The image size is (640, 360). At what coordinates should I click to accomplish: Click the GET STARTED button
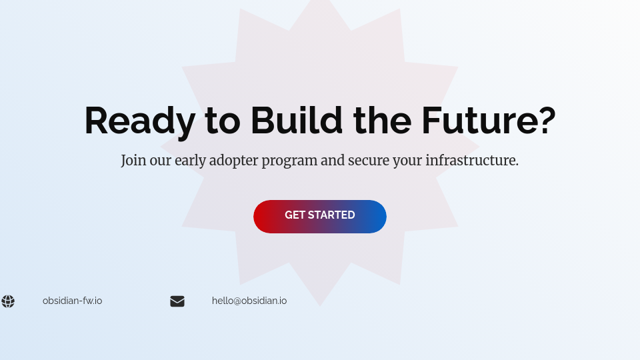click(319, 216)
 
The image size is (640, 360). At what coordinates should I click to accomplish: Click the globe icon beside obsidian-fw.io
click(8, 301)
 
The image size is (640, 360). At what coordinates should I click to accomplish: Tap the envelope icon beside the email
click(177, 301)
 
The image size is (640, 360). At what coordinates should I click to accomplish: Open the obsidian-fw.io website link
click(72, 301)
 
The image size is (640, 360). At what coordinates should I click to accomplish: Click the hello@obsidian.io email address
click(249, 301)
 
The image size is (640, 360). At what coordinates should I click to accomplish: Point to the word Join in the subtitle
click(132, 161)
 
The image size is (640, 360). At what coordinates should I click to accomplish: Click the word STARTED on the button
click(331, 215)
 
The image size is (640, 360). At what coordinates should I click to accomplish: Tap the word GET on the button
click(295, 215)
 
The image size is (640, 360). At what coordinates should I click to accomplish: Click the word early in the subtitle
click(190, 161)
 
